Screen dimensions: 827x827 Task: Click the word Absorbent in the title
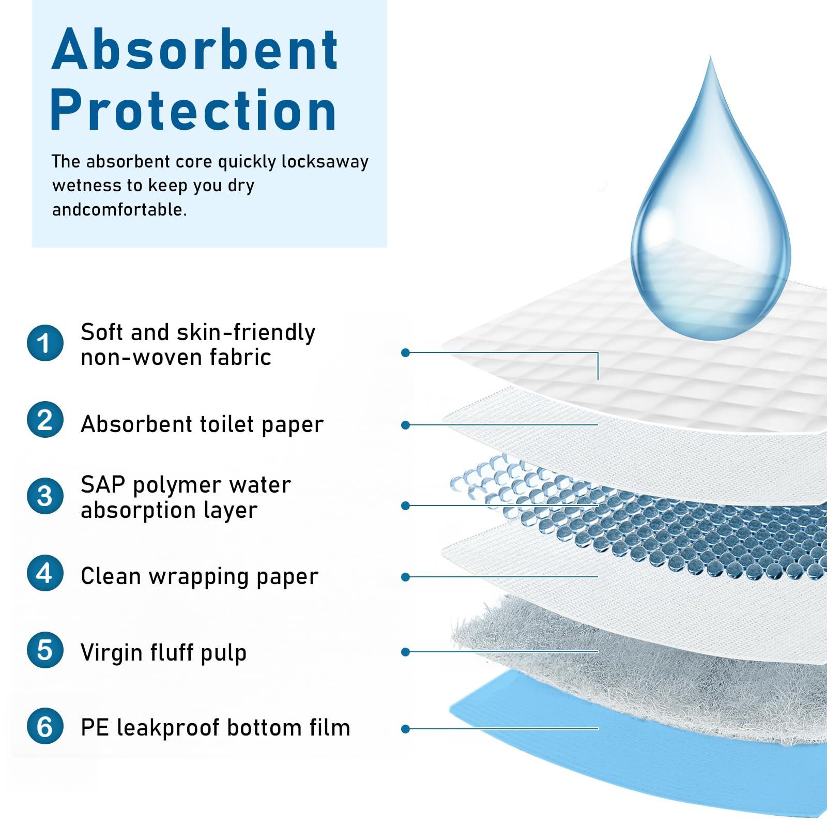[x=195, y=50]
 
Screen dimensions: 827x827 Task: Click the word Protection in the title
[x=193, y=110]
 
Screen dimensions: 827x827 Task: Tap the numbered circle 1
[x=45, y=343]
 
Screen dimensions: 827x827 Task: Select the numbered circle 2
[x=45, y=420]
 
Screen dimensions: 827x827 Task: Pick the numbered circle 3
[x=45, y=496]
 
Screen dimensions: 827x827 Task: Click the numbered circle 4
[x=45, y=573]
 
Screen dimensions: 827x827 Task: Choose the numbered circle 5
[x=45, y=650]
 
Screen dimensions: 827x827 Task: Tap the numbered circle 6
[x=45, y=726]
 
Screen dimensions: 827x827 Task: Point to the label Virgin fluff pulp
[x=163, y=652]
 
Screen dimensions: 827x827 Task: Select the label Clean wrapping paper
[x=200, y=576]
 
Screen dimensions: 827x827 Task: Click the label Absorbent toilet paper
[x=202, y=424]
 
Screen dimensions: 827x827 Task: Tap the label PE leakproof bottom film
[x=216, y=728]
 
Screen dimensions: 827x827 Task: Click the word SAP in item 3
[x=103, y=485]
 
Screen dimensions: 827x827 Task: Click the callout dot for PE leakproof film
[x=406, y=729]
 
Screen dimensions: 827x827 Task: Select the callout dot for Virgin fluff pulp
[x=406, y=652]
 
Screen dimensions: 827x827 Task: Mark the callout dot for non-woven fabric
[x=406, y=353]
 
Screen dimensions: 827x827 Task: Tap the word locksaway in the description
[x=325, y=162]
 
